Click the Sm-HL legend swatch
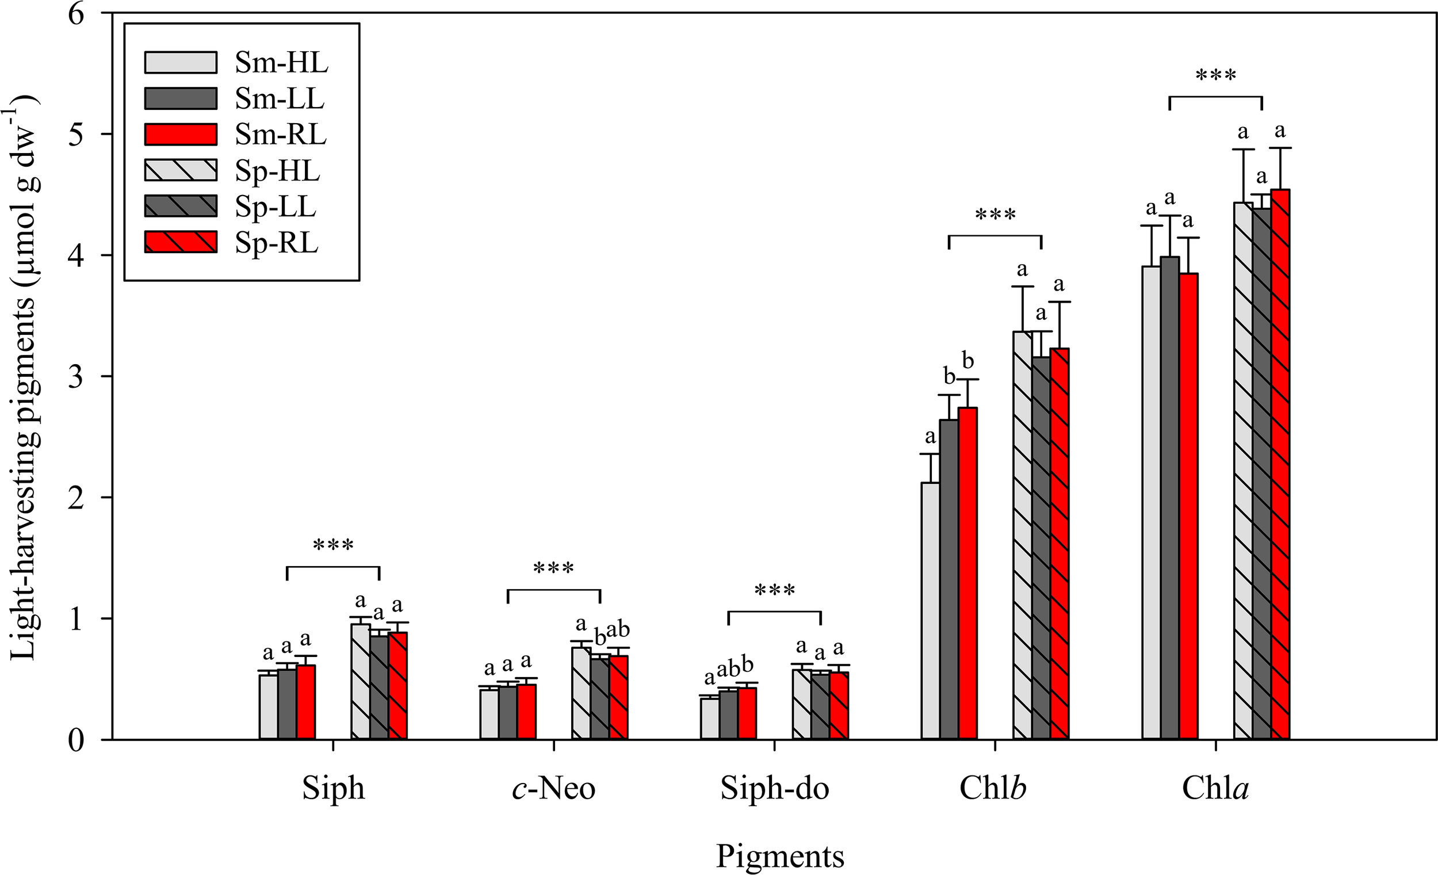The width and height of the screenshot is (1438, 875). pos(181,63)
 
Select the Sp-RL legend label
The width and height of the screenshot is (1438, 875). pos(277,243)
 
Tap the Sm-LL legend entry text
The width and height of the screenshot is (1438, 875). pos(280,98)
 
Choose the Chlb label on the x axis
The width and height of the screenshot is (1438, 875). pos(993,788)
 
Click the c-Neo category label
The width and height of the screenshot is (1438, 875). pos(553,789)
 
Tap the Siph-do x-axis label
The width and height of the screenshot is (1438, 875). pos(774,789)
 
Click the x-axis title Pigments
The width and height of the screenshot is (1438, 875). pos(781,857)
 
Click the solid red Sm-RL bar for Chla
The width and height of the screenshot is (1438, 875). pos(1188,506)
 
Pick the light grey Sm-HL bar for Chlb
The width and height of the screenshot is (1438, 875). pos(930,610)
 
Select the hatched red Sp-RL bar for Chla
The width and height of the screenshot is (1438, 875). pos(1280,464)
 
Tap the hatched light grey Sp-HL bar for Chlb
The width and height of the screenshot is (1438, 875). pos(1023,534)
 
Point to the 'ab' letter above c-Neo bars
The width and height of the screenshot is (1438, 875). pos(617,629)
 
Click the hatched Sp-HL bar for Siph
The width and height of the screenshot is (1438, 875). pos(361,681)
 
